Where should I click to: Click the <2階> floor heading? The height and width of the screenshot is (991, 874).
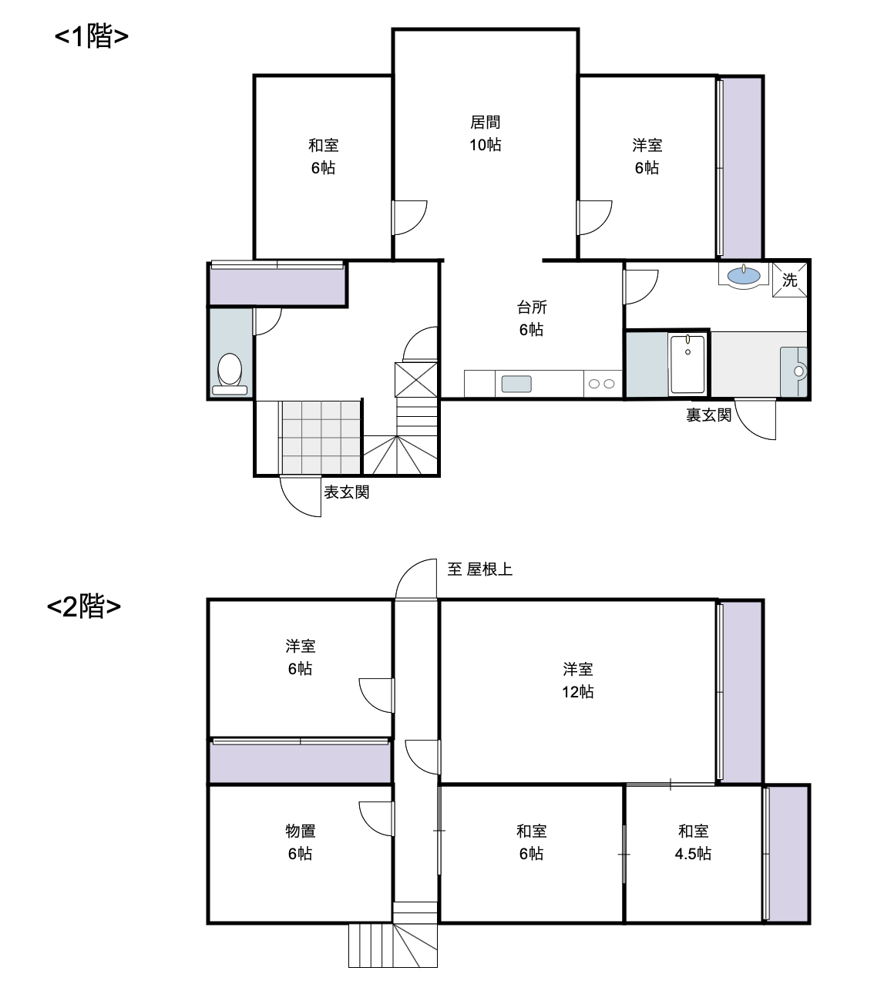[84, 606]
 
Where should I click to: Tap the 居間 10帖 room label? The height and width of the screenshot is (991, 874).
[485, 133]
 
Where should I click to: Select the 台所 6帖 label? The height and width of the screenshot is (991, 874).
[532, 318]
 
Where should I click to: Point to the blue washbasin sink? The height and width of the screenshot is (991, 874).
[743, 275]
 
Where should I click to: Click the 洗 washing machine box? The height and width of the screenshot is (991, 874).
[789, 280]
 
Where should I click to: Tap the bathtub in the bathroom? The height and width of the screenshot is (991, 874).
[687, 364]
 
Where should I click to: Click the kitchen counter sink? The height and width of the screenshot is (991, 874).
[516, 384]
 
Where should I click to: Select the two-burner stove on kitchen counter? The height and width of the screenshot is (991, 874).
[602, 384]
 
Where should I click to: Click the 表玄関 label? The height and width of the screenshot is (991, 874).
[347, 492]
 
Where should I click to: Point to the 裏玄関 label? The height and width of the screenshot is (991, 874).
[708, 415]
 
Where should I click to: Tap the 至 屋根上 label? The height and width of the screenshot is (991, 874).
[479, 569]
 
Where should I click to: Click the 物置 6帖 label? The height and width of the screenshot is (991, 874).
[301, 842]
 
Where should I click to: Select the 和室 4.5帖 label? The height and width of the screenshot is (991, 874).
[693, 842]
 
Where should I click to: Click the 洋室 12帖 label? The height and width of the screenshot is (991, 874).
[578, 680]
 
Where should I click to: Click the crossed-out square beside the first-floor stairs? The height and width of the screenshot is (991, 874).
[416, 380]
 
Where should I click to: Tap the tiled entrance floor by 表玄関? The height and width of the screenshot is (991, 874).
[321, 437]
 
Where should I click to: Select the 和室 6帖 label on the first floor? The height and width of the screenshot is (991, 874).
[324, 156]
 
